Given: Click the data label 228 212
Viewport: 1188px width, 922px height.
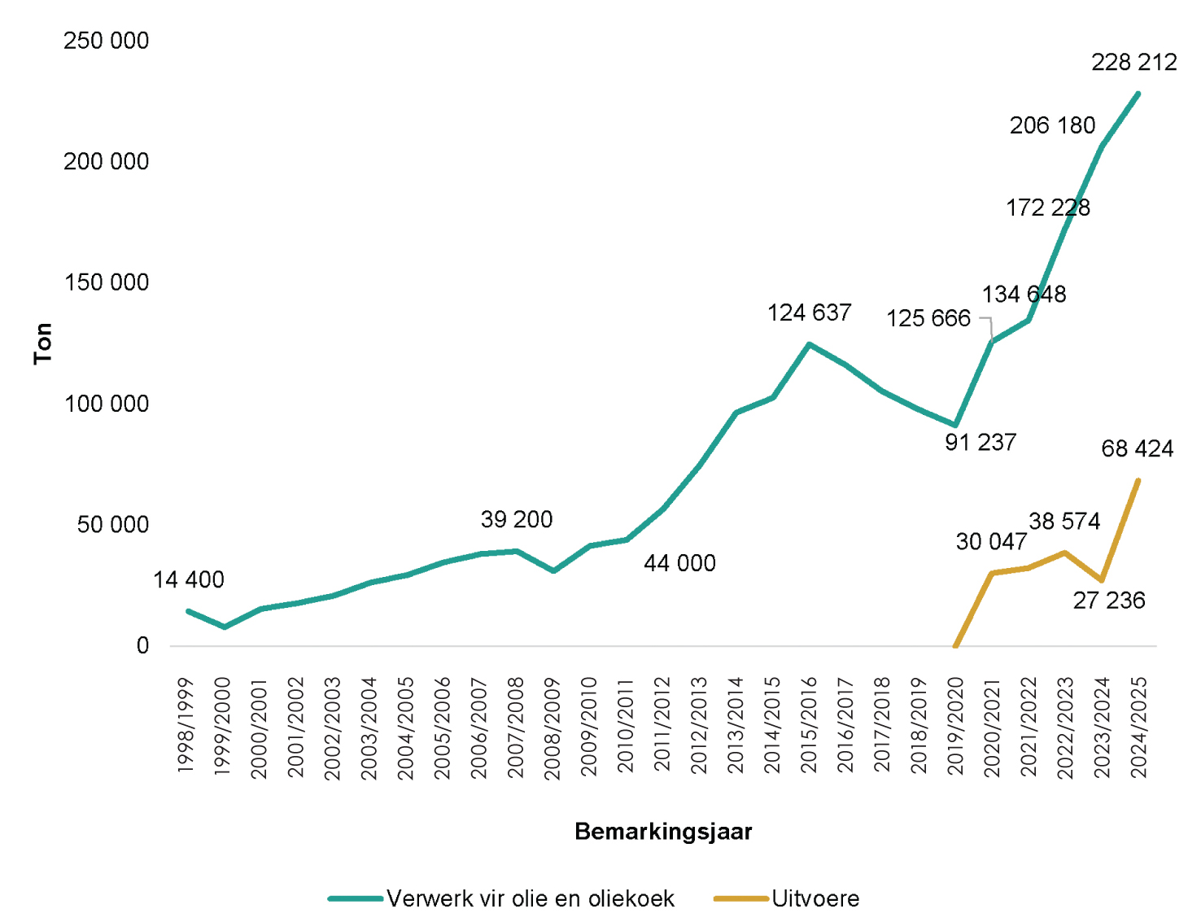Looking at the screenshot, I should pos(1133,63).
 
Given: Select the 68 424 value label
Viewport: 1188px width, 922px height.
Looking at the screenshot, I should pos(1137,449).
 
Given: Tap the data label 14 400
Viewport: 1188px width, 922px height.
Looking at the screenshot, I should pos(188,580).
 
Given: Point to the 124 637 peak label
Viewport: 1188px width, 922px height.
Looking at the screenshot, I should pos(809,313).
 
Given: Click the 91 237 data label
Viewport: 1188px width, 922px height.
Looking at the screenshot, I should pos(980,443).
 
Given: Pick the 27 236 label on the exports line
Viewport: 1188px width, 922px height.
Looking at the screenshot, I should pos(1108,601).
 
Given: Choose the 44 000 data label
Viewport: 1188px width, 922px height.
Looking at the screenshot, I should pos(679,564).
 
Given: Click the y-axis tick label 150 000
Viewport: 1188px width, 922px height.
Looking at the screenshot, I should pos(107,283).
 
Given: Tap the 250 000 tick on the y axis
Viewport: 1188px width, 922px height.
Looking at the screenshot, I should pos(107,42).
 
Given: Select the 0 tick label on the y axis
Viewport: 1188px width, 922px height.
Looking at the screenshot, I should pos(142,646).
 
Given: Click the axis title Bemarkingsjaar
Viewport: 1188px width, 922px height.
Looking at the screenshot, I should pos(663,832).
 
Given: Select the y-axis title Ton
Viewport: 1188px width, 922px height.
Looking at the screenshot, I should pos(43,343).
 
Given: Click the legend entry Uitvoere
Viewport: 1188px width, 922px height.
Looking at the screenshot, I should pos(815,899).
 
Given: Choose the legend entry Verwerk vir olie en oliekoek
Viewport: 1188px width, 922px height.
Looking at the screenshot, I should pos(530,899).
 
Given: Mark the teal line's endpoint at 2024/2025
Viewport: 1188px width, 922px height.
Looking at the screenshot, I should pos(1138,94).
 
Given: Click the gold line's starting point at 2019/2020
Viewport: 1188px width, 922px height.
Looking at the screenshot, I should pos(955,646).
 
